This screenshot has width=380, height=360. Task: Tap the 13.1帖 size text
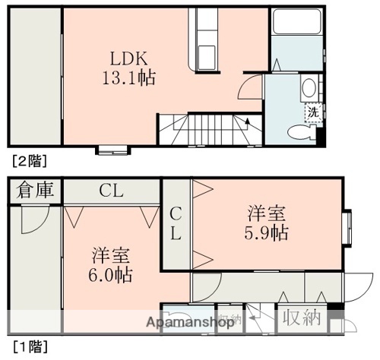click(124, 77)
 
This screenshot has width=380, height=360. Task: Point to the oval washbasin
click(310, 89)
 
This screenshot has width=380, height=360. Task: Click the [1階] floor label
click(29, 346)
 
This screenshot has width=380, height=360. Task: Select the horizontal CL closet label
click(111, 190)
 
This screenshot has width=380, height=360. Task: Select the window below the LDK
click(112, 149)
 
